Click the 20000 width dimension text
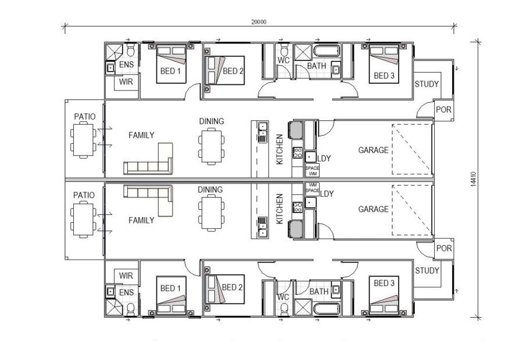click(259, 22)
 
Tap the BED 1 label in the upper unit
click(170, 71)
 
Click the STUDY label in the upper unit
click(427, 84)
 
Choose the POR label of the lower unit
click(443, 248)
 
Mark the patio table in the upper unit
click(82, 141)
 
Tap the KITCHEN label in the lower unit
click(280, 209)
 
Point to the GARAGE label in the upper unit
click(373, 150)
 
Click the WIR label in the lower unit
click(126, 275)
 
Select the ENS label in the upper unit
click(126, 66)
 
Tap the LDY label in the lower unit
click(327, 193)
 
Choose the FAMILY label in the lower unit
click(141, 221)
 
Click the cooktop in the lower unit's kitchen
click(298, 205)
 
